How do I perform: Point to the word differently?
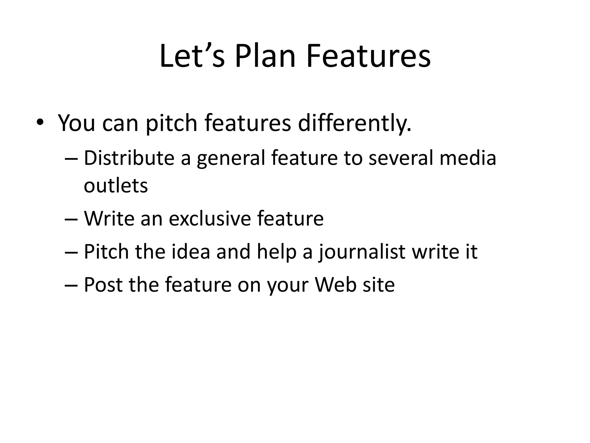click(x=354, y=123)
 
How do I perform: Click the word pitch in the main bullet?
click(x=171, y=123)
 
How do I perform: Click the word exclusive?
click(x=210, y=218)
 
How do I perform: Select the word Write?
click(x=109, y=218)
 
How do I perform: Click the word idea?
click(x=190, y=251)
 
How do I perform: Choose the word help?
click(x=277, y=252)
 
